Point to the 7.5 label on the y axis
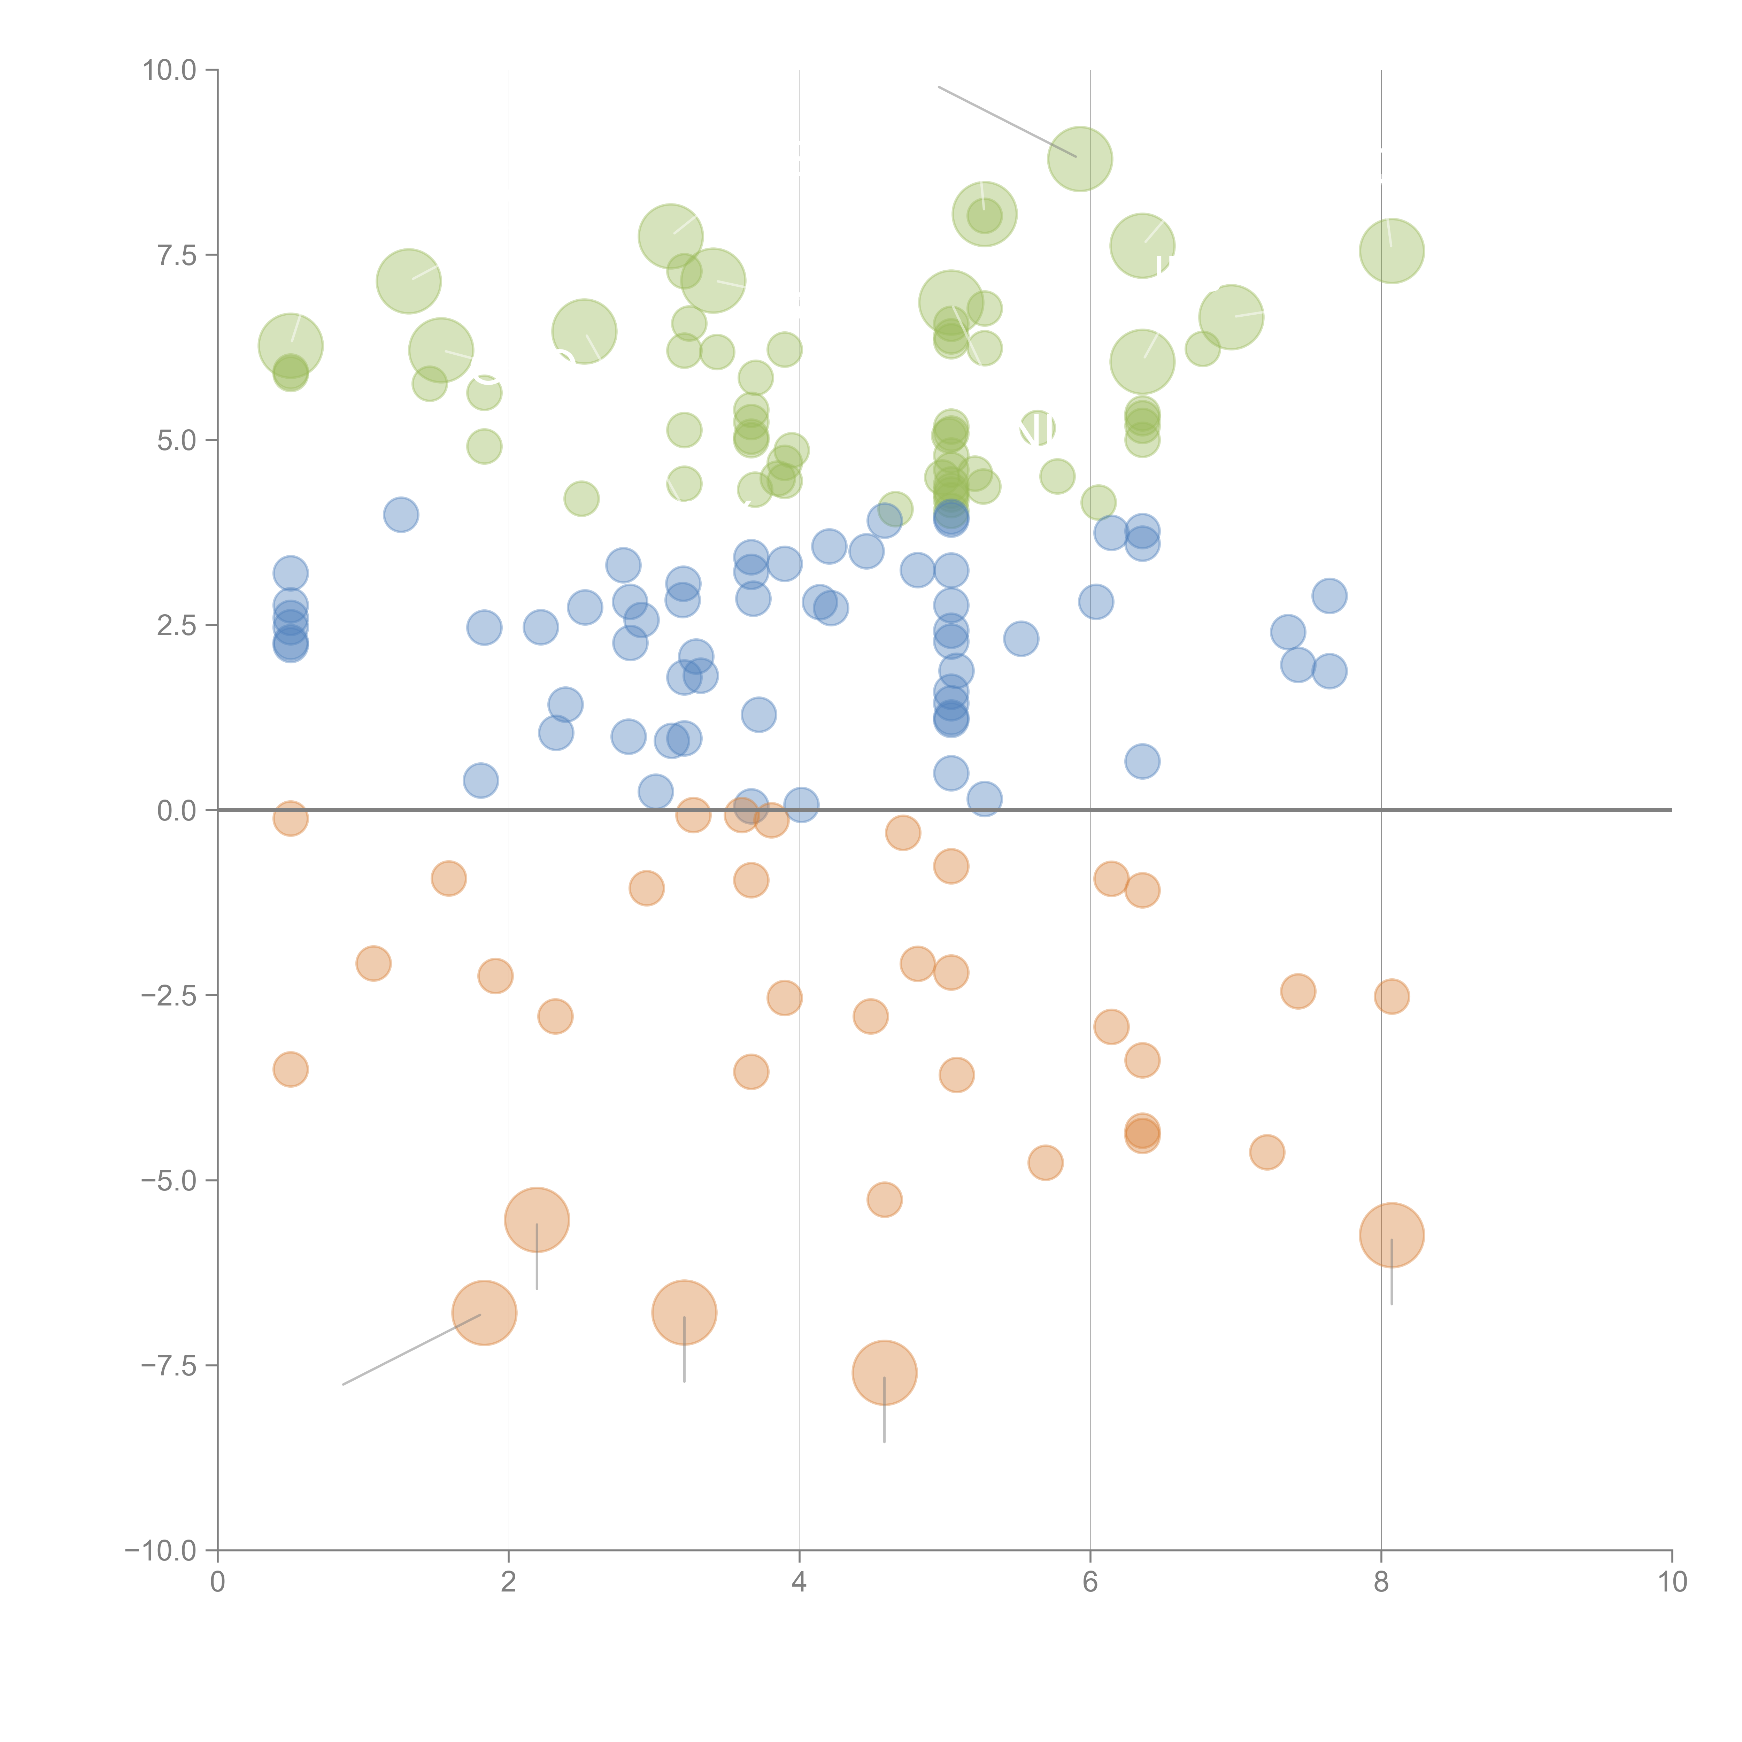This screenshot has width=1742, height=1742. (x=176, y=255)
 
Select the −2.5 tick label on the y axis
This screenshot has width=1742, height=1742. (x=168, y=995)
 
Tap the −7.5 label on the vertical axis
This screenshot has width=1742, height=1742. (x=168, y=1365)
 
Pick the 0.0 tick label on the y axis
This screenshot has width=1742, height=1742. (x=176, y=811)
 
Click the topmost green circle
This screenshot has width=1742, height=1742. (x=1079, y=159)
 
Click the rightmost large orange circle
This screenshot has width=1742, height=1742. (x=1391, y=1235)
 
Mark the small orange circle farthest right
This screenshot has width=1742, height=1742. (x=1391, y=996)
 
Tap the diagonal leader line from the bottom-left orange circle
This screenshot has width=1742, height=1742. (x=410, y=1350)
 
